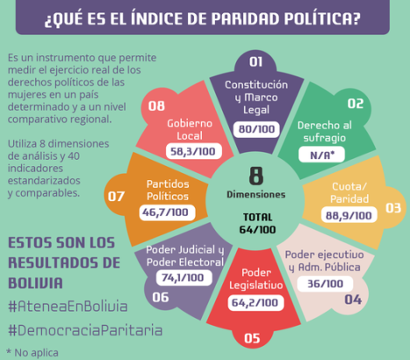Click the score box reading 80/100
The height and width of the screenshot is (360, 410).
tap(256, 128)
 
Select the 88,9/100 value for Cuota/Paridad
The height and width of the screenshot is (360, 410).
tap(348, 213)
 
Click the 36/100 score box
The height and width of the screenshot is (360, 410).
tap(327, 283)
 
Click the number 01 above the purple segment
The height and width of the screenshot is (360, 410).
tap(255, 61)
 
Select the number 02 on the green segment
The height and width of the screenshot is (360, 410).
tap(356, 104)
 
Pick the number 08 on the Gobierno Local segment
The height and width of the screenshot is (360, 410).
tap(157, 105)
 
